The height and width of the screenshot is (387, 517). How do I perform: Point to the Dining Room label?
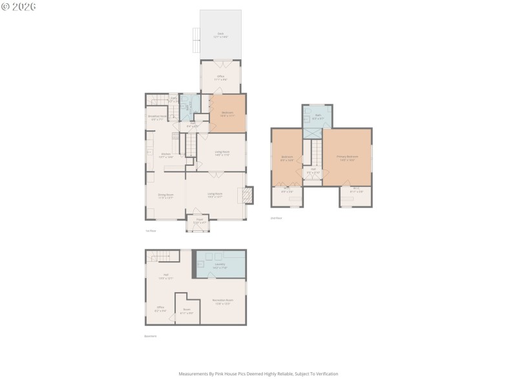[165, 195]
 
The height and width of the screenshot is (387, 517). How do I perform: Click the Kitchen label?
[165, 155]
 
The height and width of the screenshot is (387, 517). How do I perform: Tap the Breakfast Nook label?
[158, 117]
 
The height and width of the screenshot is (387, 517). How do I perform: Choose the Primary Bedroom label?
[347, 157]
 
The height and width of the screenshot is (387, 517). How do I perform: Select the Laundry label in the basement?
[220, 264]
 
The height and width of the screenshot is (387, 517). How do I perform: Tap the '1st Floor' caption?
[150, 230]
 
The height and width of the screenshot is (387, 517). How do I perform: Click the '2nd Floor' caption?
[275, 218]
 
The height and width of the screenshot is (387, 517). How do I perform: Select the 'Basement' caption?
[150, 336]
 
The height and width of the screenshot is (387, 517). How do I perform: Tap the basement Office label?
[160, 308]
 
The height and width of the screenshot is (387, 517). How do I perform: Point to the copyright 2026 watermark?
[19, 6]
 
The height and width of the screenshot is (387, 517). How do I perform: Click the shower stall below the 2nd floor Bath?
[312, 134]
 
